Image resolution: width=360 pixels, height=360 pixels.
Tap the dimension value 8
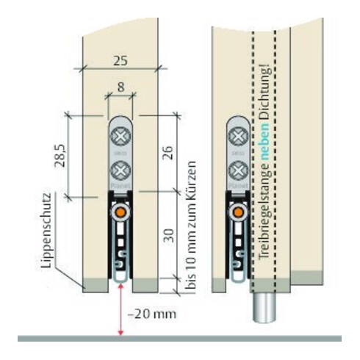click(x=119, y=87)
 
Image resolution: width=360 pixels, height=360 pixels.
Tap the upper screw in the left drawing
click(x=120, y=137)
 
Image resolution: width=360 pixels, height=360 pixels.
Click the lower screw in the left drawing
click(x=120, y=172)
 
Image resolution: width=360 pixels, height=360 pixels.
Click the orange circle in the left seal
click(x=120, y=212)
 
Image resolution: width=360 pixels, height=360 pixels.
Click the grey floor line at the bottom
click(x=180, y=339)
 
